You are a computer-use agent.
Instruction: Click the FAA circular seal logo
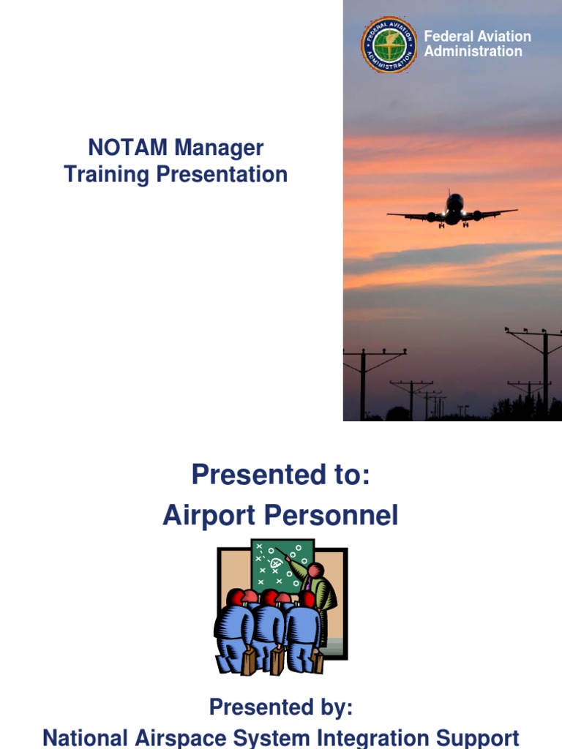point(389,44)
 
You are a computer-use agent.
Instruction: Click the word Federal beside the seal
point(449,36)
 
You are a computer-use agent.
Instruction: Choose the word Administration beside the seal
point(473,51)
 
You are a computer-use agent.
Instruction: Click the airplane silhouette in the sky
point(454,211)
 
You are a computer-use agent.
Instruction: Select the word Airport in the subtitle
point(207,516)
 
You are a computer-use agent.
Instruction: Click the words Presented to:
point(281,475)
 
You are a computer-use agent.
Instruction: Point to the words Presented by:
point(281,707)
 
